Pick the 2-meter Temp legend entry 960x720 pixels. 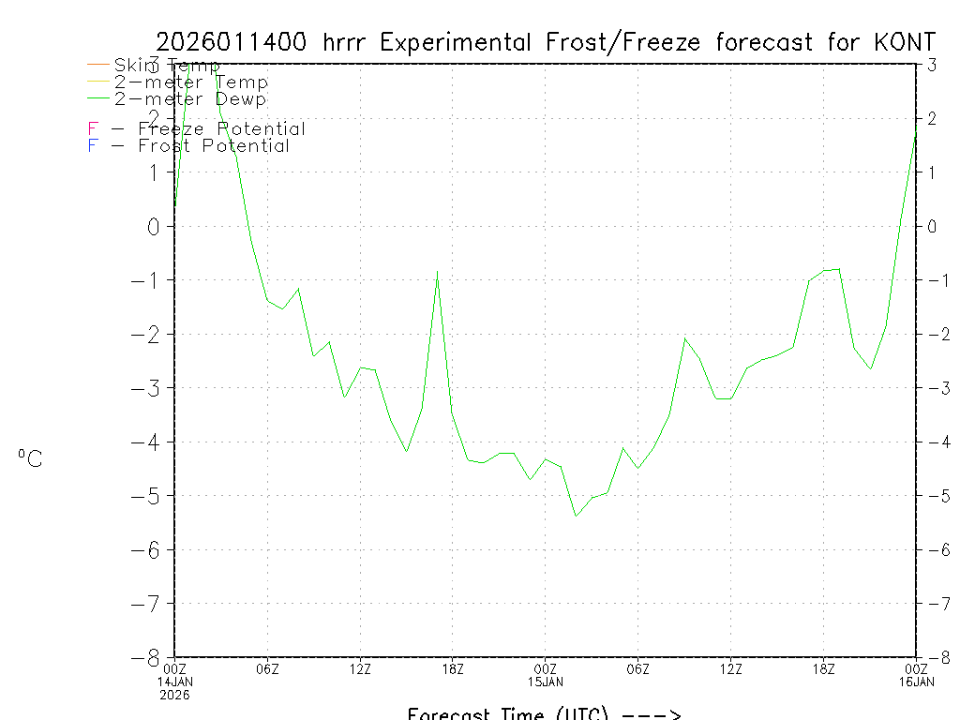coord(191,82)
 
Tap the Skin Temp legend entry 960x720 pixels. coord(167,65)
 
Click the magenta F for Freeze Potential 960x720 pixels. coord(92,129)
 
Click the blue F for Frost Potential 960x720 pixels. coord(92,146)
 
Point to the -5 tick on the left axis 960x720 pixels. coord(149,495)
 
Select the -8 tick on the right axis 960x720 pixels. coord(933,657)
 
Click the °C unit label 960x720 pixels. coord(30,458)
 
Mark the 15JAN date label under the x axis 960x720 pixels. coord(546,682)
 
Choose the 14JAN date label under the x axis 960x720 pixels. coord(175,682)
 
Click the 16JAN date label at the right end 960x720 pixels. coord(916,682)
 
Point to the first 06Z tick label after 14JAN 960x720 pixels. coord(267,668)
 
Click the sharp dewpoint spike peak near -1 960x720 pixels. coord(437,272)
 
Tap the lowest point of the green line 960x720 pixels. coord(576,516)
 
